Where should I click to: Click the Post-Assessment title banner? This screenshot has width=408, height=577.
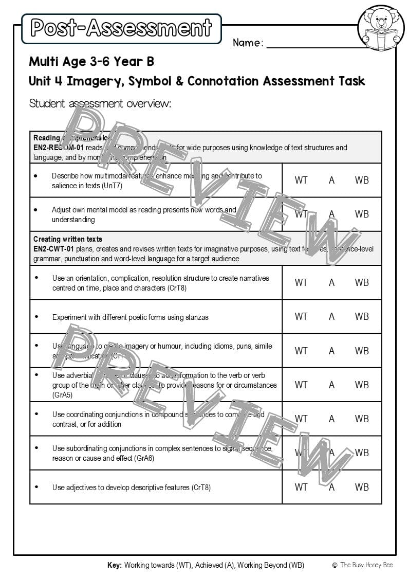121,28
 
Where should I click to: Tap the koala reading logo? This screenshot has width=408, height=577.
381,28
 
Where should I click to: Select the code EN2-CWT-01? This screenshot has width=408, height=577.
53,249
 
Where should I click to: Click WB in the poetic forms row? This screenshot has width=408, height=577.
362,316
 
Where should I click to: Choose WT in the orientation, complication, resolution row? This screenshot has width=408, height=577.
301,282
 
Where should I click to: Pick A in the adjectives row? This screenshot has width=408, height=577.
331,487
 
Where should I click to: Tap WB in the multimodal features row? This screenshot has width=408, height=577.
362,180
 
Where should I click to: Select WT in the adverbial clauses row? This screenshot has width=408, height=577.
301,385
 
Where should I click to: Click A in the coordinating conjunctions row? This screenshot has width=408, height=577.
331,419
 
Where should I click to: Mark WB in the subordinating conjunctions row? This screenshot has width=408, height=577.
362,453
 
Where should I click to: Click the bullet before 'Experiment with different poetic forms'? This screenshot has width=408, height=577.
36,317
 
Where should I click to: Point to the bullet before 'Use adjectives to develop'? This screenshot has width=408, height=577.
36,486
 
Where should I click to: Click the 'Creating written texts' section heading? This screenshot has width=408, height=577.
68,239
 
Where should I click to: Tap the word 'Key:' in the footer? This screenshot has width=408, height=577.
115,565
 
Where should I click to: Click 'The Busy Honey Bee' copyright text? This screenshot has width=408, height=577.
366,565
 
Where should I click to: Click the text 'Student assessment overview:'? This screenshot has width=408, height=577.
100,103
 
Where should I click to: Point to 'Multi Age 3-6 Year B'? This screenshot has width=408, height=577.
91,62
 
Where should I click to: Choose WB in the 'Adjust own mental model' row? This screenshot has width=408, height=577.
362,214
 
